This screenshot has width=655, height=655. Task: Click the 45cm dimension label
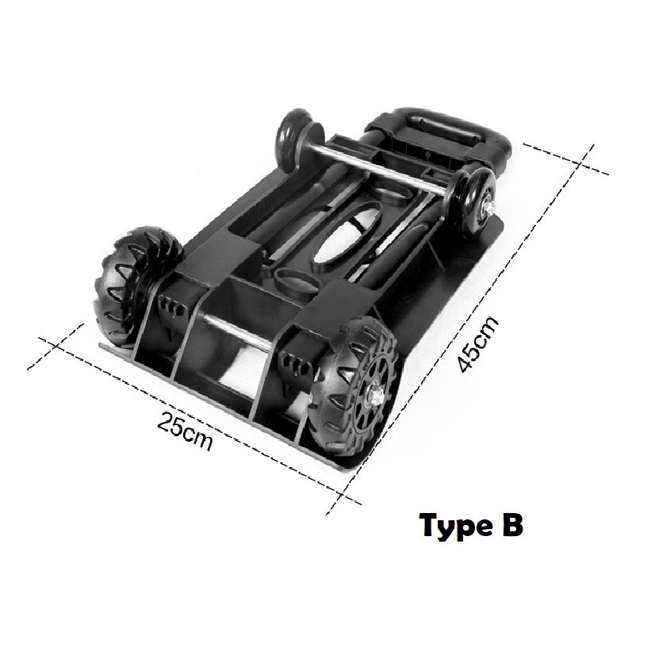coord(478,344)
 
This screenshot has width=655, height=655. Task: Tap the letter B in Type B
coord(511,525)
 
